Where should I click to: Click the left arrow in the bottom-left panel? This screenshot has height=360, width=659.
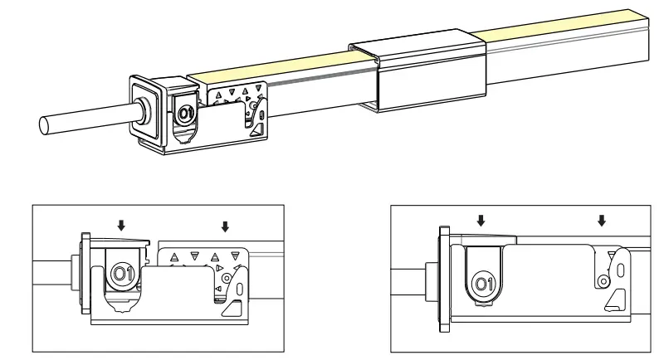click(122, 224)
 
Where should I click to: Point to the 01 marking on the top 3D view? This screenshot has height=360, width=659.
click(186, 112)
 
